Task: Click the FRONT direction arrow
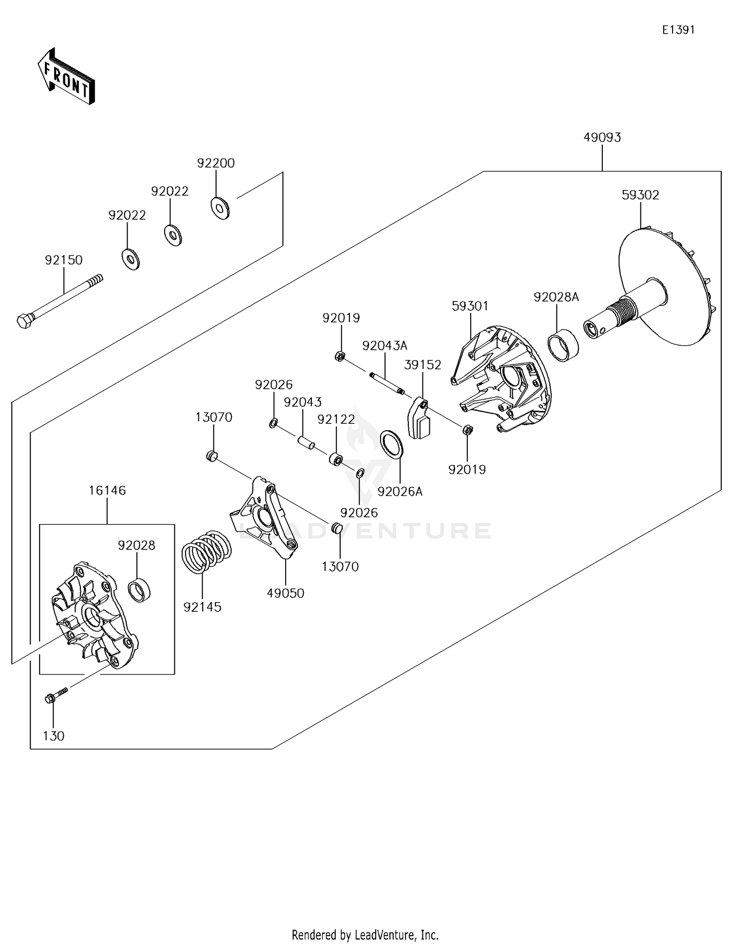coord(66,77)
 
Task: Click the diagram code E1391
coord(678,30)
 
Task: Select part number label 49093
coord(602,137)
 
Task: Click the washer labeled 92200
coord(220,208)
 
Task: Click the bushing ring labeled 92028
coord(139,590)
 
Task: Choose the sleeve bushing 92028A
coord(564,343)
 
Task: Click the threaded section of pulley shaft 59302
coord(621,312)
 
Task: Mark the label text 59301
coord(470,306)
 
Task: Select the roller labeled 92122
coord(336,458)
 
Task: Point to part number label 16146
coord(107,490)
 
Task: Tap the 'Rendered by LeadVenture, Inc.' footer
coord(365,935)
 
